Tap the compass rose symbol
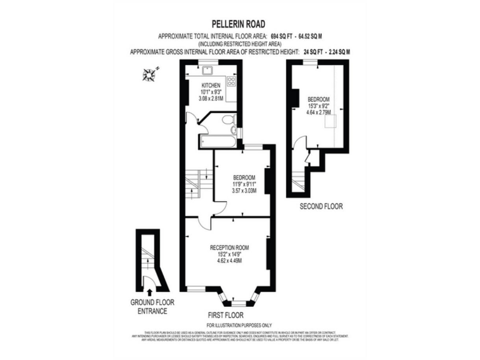[150, 76]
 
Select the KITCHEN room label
[210, 85]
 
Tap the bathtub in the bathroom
[217, 141]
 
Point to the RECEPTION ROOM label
[229, 246]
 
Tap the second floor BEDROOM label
[319, 99]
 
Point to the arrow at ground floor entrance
[150, 290]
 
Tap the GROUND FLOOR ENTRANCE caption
[152, 306]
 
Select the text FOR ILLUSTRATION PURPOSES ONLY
[239, 325]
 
